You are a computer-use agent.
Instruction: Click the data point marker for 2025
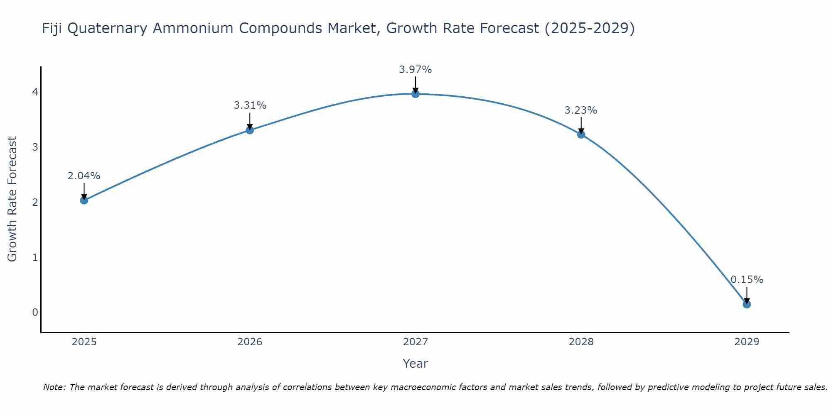[84, 200]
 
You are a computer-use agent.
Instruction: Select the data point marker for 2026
[250, 130]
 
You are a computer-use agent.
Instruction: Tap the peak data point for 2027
[415, 94]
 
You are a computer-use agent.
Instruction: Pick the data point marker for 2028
[581, 134]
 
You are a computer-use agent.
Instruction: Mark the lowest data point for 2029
[747, 304]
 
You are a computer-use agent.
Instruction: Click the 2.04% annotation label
[84, 176]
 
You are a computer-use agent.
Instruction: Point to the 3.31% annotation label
[250, 105]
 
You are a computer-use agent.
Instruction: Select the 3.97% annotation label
[415, 70]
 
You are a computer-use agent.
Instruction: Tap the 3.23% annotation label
[581, 110]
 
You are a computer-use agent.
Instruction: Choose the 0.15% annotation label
[747, 280]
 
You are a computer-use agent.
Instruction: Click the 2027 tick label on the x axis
[415, 342]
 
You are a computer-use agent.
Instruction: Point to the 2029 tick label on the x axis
[747, 342]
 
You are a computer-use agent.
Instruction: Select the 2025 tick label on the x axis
[84, 342]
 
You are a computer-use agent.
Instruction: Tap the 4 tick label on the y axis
[35, 92]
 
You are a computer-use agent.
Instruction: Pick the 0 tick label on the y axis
[35, 312]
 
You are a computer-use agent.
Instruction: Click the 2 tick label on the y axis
[35, 202]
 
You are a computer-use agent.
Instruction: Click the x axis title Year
[415, 364]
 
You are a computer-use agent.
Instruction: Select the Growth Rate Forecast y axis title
[12, 199]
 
